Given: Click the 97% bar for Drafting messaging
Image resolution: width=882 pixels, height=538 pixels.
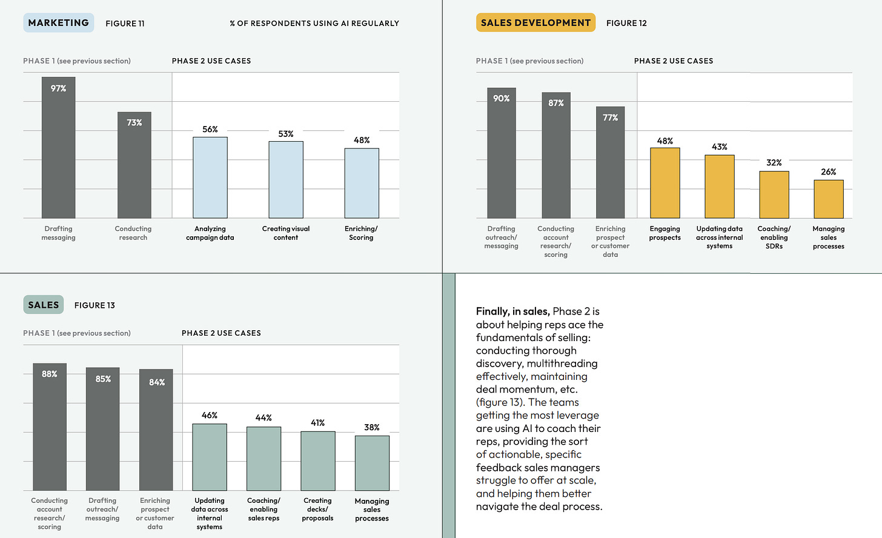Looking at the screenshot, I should [59, 151].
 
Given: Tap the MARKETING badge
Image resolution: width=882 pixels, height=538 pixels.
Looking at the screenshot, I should [59, 23].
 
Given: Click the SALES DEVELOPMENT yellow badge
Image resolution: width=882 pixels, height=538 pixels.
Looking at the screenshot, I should [535, 23].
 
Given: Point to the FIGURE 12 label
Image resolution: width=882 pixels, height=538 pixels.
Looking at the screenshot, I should [626, 24].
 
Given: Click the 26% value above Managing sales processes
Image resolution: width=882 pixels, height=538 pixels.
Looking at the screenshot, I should [829, 172].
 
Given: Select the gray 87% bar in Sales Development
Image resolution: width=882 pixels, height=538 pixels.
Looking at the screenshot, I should [556, 158].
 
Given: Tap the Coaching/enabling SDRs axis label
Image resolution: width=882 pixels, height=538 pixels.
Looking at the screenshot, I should [774, 237].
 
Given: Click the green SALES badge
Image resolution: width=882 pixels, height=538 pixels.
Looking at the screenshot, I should [44, 305].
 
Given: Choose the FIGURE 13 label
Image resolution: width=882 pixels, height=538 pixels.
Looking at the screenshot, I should [94, 305].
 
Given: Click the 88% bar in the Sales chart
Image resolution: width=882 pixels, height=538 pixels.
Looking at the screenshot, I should [50, 430].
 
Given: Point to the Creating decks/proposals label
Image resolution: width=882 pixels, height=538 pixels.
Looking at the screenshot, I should [318, 510].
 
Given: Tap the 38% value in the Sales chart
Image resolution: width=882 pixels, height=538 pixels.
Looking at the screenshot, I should [372, 428].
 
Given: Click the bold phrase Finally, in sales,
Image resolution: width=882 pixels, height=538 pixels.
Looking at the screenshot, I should [512, 311].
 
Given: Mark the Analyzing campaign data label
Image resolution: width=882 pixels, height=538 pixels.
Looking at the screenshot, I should [210, 233].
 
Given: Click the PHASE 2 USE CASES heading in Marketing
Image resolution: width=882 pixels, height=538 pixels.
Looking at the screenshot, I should [211, 61].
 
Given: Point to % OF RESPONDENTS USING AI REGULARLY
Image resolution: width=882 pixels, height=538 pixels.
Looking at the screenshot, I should [314, 24].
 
